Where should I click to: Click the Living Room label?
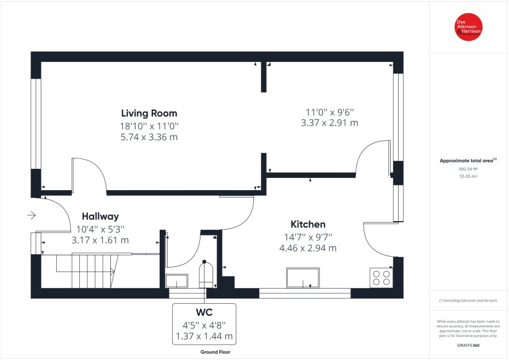point(149,113)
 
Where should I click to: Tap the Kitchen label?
point(308,224)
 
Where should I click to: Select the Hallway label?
point(101,216)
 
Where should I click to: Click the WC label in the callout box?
point(204,312)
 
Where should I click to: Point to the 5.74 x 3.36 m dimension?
point(149,137)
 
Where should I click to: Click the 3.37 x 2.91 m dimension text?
point(330,123)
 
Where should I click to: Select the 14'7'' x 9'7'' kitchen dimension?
point(308,237)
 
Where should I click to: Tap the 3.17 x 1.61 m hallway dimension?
point(100,241)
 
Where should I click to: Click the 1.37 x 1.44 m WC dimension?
point(204,336)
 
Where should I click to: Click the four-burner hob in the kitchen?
point(381,278)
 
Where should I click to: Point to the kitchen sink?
point(303,278)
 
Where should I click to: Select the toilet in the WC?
point(206,274)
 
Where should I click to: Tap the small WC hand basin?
point(176,281)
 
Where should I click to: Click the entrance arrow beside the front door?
point(32,215)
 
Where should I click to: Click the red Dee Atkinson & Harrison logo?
point(468,27)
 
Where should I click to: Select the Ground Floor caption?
point(215,352)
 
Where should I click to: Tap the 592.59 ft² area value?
point(468,169)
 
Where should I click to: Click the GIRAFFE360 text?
point(468,346)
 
